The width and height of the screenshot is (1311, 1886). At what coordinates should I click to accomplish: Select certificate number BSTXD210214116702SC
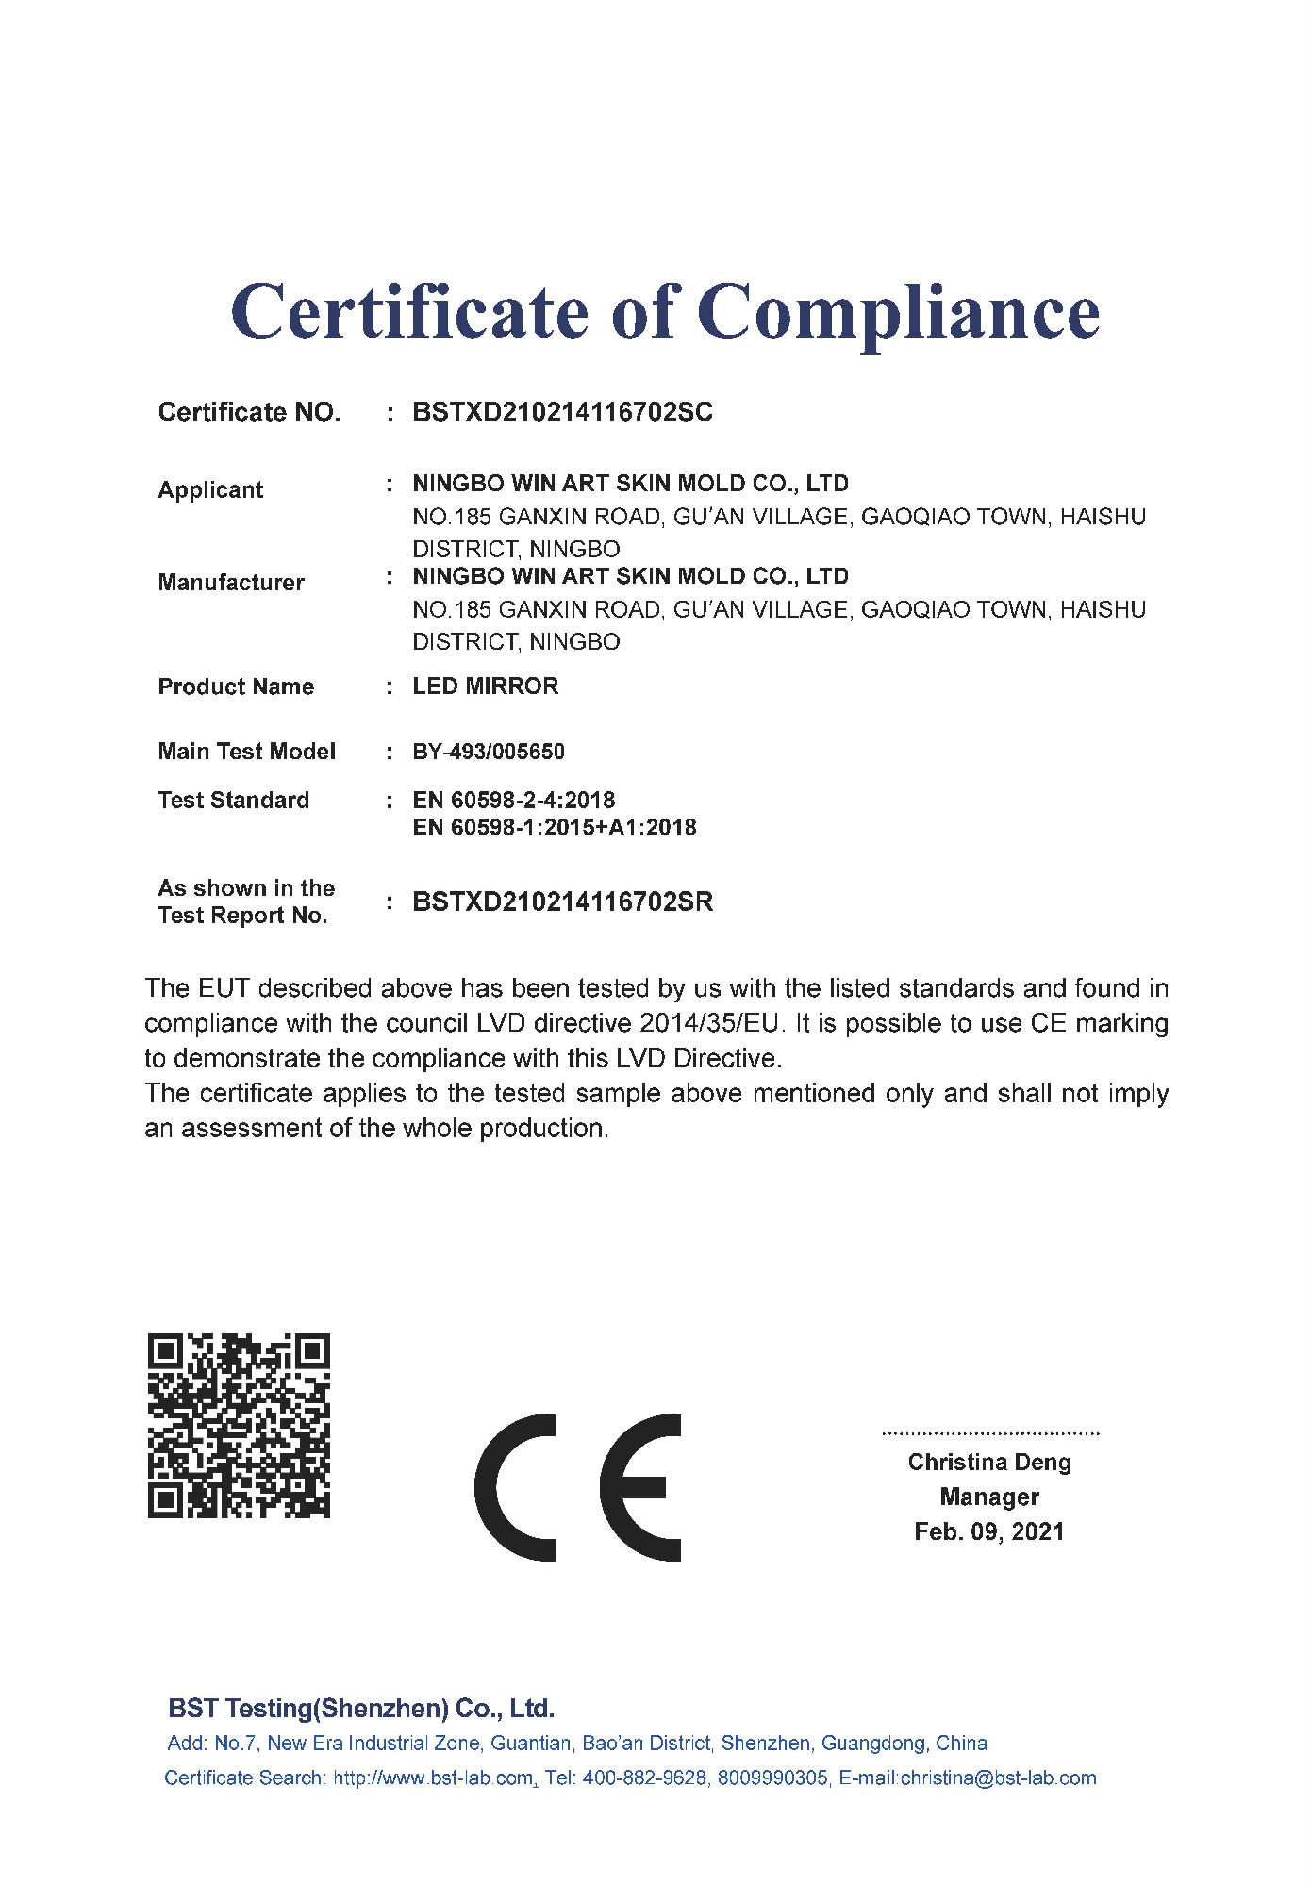point(562,412)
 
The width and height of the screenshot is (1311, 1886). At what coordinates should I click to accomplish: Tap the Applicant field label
point(210,490)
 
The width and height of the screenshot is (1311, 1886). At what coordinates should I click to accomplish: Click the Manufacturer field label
point(231,583)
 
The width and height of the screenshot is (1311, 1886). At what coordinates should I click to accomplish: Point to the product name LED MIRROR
point(485,687)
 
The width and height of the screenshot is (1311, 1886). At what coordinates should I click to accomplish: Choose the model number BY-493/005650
point(489,752)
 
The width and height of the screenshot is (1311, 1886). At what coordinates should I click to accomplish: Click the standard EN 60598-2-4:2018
point(513,801)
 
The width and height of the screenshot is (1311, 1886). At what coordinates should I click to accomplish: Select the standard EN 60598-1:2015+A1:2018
point(555,828)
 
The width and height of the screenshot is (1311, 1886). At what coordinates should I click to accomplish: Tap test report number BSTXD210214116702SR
point(562,902)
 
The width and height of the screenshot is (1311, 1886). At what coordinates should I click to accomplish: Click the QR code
point(239,1426)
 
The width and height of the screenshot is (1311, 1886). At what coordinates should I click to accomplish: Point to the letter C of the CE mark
point(515,1487)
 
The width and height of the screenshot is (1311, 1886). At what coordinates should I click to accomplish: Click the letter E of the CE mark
point(641,1487)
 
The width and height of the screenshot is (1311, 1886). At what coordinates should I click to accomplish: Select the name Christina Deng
point(989,1463)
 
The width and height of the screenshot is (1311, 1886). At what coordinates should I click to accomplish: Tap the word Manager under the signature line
point(989,1497)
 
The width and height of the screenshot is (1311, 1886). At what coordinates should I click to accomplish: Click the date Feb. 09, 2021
point(989,1531)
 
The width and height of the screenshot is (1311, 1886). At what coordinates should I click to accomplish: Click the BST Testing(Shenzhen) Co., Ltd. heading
point(361,1709)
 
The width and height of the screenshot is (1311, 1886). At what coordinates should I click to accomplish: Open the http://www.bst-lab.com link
point(434,1778)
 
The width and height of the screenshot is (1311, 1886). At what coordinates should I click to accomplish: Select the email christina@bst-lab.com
point(998,1778)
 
